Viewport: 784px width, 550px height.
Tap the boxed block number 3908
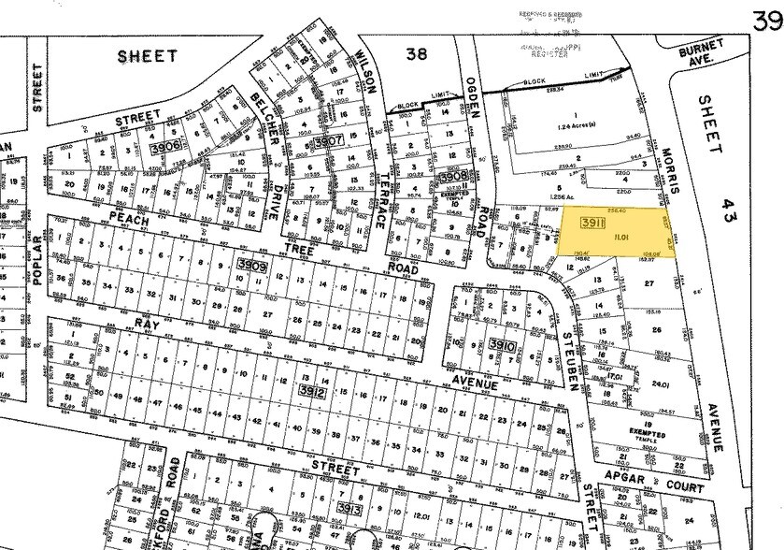click(452, 175)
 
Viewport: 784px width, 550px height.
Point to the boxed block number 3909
click(253, 266)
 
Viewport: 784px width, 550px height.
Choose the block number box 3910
click(501, 345)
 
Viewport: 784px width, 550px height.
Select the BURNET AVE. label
click(702, 53)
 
